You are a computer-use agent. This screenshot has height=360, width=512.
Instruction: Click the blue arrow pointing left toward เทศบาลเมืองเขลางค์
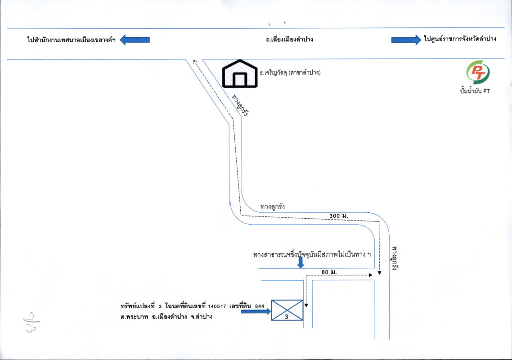135,40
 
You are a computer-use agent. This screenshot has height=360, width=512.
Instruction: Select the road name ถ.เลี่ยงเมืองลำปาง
289,40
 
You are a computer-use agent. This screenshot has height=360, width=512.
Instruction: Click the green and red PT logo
478,72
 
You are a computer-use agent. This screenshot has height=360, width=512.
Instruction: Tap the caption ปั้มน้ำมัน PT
478,91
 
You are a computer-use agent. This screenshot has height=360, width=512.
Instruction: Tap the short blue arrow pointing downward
301,262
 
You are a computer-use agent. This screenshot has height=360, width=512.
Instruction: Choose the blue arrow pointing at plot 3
256,310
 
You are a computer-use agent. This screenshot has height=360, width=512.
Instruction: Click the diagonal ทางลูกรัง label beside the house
240,106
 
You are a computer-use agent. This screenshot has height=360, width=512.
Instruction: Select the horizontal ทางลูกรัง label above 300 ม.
273,207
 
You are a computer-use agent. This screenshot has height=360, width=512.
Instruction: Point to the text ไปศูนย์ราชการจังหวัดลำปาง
459,40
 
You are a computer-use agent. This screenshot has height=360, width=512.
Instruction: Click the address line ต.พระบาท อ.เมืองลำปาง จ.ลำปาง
166,317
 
